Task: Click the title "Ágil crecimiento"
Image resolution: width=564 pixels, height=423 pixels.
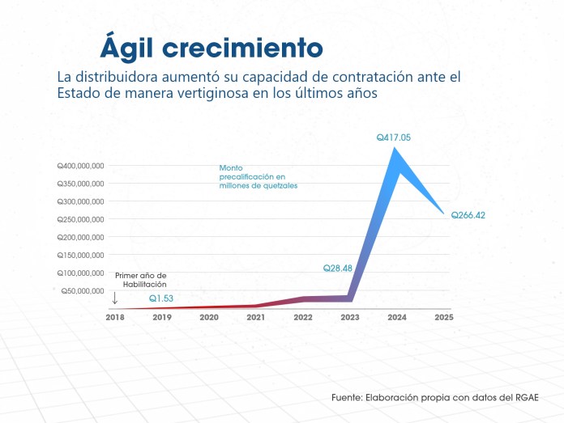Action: (x=211, y=47)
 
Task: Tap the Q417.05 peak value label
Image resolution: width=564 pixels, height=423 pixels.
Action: (x=394, y=138)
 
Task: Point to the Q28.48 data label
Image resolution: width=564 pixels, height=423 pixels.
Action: (x=338, y=268)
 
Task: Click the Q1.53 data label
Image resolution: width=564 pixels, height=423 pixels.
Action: (x=160, y=298)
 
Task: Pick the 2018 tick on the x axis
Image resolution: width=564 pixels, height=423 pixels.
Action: (x=116, y=317)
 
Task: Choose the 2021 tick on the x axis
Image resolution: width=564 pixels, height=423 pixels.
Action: (x=256, y=317)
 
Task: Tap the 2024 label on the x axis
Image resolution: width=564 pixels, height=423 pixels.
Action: (x=397, y=317)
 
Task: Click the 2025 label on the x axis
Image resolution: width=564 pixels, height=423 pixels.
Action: (x=443, y=317)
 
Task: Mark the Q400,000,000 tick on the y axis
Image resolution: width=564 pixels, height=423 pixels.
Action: (x=80, y=166)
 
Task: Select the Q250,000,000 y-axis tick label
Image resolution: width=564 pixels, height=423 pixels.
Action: (x=80, y=219)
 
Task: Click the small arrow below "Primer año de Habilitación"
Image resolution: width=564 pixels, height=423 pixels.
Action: (x=115, y=298)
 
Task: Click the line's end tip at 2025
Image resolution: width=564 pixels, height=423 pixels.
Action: (x=444, y=214)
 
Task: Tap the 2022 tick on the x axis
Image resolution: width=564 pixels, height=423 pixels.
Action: (x=303, y=317)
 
